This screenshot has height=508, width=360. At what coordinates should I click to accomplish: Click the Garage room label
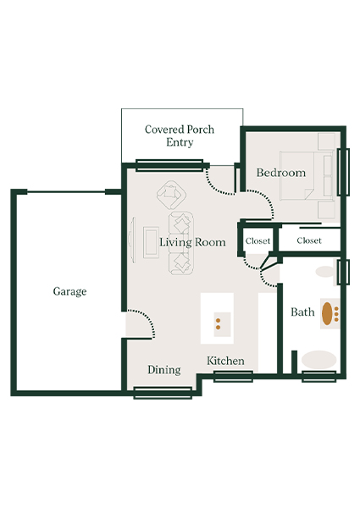pyautogui.click(x=69, y=291)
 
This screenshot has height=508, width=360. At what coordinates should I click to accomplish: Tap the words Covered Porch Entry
pyautogui.click(x=179, y=135)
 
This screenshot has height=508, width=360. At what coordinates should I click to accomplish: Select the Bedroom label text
pyautogui.click(x=280, y=173)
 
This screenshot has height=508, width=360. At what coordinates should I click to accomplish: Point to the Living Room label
pyautogui.click(x=193, y=242)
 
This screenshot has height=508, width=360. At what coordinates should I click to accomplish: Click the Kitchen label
pyautogui.click(x=226, y=362)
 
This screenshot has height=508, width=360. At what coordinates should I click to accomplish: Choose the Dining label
pyautogui.click(x=163, y=370)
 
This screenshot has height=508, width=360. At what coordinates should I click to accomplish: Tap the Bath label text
pyautogui.click(x=302, y=312)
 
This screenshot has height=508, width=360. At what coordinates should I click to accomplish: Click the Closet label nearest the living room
pyautogui.click(x=258, y=241)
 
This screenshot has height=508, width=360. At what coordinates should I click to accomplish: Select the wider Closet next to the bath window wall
pyautogui.click(x=309, y=240)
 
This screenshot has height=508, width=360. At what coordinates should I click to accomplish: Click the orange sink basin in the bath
pyautogui.click(x=327, y=312)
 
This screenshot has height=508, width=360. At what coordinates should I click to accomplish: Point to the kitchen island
pyautogui.click(x=217, y=318)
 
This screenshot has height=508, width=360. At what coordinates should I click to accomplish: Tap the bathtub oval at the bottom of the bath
pyautogui.click(x=319, y=359)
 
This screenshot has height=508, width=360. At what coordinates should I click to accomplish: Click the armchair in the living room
pyautogui.click(x=171, y=196)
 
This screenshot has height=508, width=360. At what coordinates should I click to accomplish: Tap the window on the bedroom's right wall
pyautogui.click(x=343, y=172)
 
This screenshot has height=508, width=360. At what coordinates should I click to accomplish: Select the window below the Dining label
pyautogui.click(x=163, y=392)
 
